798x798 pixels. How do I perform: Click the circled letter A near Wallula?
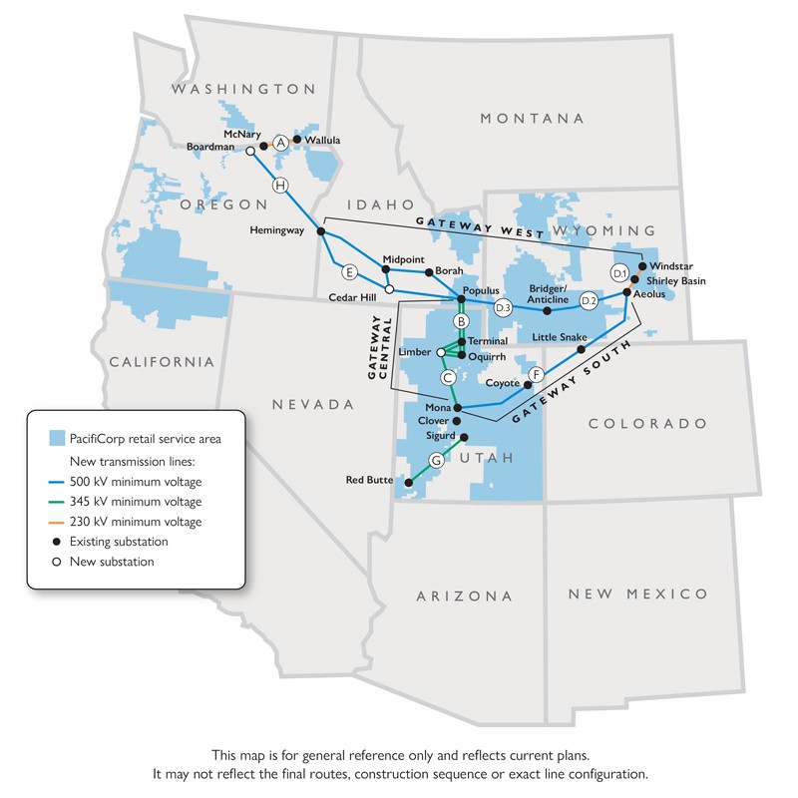point(281,143)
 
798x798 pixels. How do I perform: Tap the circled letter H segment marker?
point(281,185)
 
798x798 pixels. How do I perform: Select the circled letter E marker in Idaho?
point(349,271)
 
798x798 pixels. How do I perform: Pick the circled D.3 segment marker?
point(503,307)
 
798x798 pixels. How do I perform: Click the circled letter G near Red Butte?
point(435,460)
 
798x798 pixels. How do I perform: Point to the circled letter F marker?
point(537,375)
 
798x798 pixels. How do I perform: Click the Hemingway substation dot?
point(321,231)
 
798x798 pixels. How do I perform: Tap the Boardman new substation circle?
point(250,152)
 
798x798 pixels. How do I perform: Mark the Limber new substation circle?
point(441,352)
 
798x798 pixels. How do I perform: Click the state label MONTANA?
point(532,119)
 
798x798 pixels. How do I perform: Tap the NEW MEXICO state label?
point(638,595)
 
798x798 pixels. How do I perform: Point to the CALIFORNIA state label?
point(162,361)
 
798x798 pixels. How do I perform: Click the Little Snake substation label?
point(560,337)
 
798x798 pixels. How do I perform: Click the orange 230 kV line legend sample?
point(57,522)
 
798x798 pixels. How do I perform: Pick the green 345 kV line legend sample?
point(57,501)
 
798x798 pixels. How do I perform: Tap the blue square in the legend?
point(58,438)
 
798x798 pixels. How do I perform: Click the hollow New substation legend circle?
point(58,562)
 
